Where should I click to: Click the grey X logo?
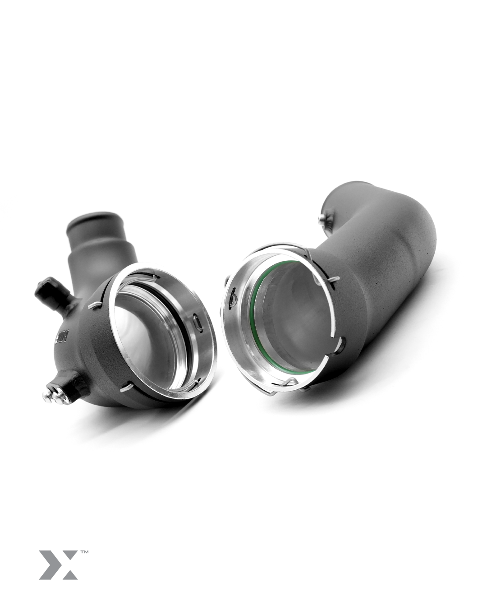(58, 564)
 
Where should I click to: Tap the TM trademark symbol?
(84, 551)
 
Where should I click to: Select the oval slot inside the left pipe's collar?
(197, 321)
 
